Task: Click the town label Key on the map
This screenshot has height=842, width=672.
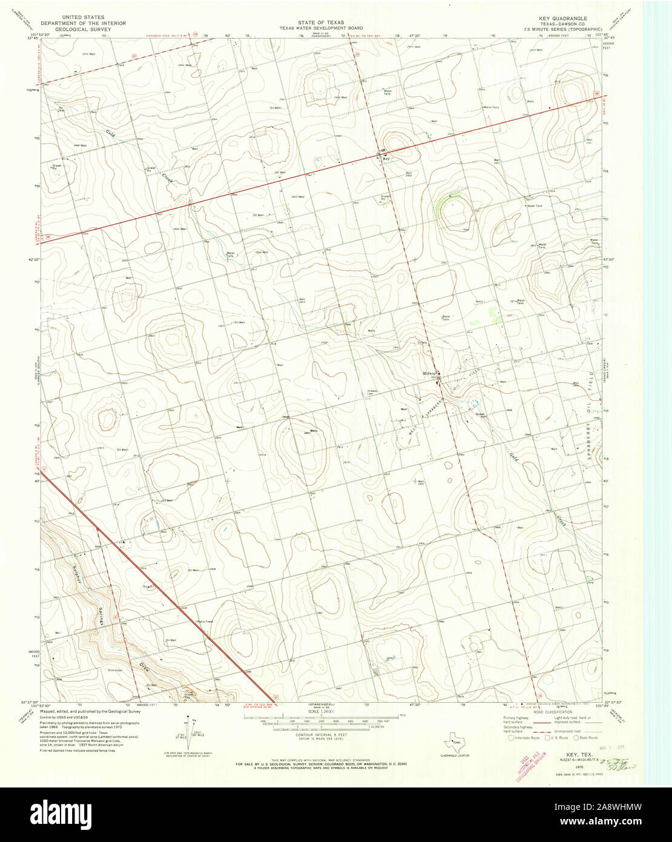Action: tap(388, 158)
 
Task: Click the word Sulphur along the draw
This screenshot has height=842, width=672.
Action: tap(78, 572)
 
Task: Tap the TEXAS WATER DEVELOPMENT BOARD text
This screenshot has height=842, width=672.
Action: tap(320, 28)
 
